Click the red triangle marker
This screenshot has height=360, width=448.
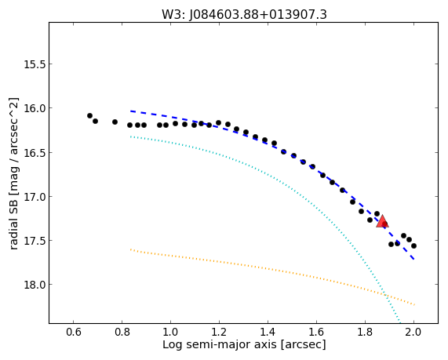click(382, 222)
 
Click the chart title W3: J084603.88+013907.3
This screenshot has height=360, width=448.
click(244, 15)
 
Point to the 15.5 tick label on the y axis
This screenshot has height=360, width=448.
click(35, 64)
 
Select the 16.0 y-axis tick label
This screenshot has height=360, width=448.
click(35, 108)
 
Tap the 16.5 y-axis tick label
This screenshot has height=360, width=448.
click(35, 153)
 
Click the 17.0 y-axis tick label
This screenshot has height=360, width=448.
click(35, 197)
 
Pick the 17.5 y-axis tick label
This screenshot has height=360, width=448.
click(35, 241)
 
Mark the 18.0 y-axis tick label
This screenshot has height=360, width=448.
click(35, 285)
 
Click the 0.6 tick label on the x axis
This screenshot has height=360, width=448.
click(74, 333)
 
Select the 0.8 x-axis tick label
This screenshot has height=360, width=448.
click(122, 333)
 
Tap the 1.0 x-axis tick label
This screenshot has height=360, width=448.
click(170, 333)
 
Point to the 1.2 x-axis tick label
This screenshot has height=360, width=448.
click(219, 333)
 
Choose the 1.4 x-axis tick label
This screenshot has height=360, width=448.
click(268, 333)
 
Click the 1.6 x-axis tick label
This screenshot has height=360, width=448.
click(316, 333)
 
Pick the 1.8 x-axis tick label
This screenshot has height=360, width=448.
click(365, 333)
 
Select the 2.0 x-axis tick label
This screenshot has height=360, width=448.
click(413, 333)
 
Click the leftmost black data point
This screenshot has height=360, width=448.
click(89, 116)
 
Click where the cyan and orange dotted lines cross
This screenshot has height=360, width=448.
click(385, 294)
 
